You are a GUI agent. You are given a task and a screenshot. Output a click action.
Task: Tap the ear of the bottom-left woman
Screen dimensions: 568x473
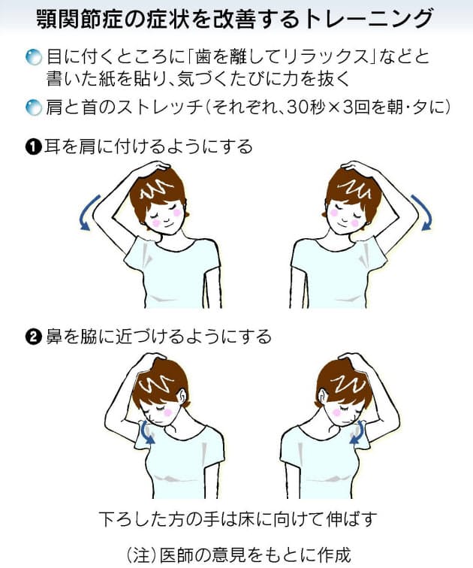181,397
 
